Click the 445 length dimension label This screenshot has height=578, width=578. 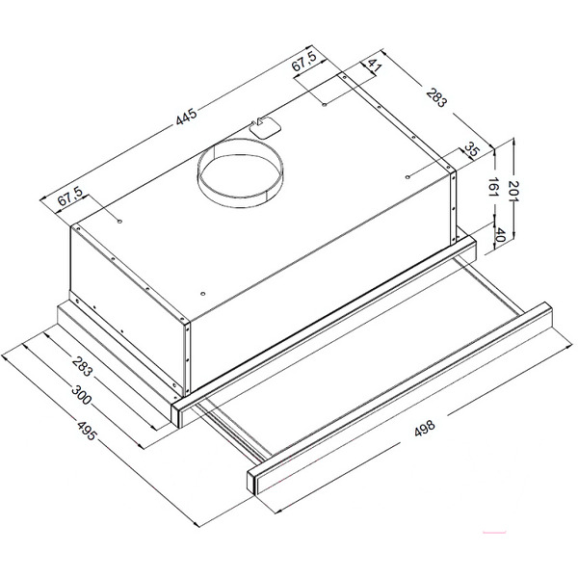click(187, 117)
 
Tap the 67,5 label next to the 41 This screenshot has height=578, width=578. click(304, 62)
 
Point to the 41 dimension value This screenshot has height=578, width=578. click(375, 66)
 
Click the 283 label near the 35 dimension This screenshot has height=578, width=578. click(436, 97)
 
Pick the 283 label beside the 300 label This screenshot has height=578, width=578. click(82, 366)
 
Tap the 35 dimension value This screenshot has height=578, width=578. click(471, 149)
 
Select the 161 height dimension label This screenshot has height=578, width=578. click(493, 187)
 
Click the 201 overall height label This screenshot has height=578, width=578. click(513, 190)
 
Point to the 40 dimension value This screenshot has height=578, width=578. click(499, 234)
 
